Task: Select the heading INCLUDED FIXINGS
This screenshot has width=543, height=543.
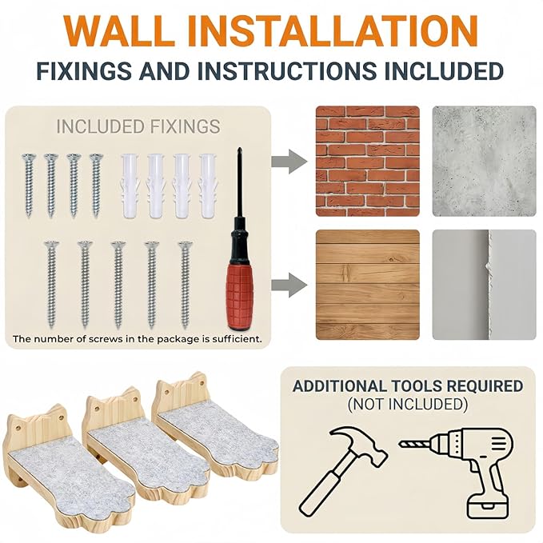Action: coord(138,126)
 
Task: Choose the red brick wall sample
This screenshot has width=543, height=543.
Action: coord(367,161)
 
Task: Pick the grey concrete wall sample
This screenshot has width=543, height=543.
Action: coord(484,161)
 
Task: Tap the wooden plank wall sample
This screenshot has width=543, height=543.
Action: coord(367,285)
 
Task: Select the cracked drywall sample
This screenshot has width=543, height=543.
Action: coord(484,285)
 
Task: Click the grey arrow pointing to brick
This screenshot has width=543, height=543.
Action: coord(289,162)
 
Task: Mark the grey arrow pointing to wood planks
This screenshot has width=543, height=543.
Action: coord(289,285)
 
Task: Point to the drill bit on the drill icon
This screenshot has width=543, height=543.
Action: coord(415,444)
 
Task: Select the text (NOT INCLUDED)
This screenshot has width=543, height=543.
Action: coord(408,404)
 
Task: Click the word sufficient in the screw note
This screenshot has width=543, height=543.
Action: coord(237,339)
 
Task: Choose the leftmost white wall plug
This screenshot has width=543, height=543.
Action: coord(130,186)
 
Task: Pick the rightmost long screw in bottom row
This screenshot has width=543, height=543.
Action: coord(186,285)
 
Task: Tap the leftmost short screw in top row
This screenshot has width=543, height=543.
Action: coord(29,186)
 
